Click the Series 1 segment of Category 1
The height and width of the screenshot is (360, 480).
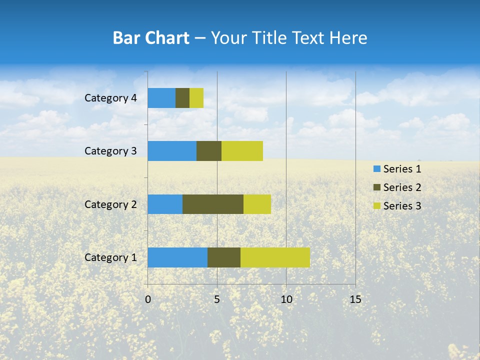coord(177,257)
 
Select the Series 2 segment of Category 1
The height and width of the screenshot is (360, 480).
coord(224,257)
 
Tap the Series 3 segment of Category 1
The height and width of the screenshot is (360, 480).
coord(275,257)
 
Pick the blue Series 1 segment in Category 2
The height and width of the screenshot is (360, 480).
coord(165,204)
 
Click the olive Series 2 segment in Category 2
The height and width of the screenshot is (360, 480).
coord(213,204)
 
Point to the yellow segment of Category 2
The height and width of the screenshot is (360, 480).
coord(257,204)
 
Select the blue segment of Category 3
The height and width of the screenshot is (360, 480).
coord(172,151)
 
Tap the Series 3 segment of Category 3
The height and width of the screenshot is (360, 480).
coord(242,151)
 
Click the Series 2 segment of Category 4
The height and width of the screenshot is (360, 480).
coord(182,98)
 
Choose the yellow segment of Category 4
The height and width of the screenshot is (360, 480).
coord(196,98)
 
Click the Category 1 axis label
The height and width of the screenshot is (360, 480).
coord(110,257)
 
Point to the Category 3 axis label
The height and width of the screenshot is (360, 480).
coord(110,151)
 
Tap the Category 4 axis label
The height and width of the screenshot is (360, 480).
coord(110,98)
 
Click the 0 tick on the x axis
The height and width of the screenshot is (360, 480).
coord(148,299)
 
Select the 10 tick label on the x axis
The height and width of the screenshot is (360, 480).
coord(286,299)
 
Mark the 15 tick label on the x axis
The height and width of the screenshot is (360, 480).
coord(355,299)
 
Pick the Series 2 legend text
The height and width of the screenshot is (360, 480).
coord(402,187)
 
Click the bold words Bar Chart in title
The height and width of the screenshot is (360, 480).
coord(151,38)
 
